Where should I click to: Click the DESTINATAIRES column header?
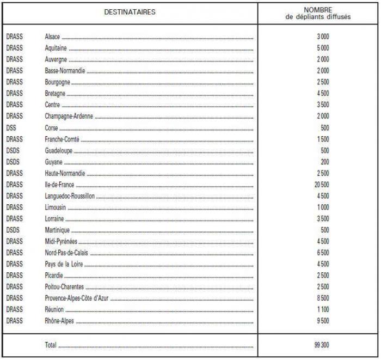[x=130, y=12]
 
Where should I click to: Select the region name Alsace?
[x=52, y=36]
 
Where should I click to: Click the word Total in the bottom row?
[x=50, y=344]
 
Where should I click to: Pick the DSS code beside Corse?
[x=11, y=127]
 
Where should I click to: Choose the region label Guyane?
[x=53, y=162]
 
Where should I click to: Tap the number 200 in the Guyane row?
[x=324, y=162]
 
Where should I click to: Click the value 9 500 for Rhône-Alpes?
[x=323, y=321]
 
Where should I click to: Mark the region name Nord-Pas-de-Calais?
[x=66, y=253]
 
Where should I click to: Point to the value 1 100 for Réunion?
[x=323, y=309]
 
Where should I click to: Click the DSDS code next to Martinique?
[x=13, y=230]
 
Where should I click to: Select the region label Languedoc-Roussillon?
[x=70, y=196]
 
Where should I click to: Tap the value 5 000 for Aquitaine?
[x=323, y=48]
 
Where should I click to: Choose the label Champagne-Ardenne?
[x=69, y=116]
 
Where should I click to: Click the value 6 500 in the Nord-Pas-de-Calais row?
[x=323, y=253]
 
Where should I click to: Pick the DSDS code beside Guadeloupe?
[x=13, y=150]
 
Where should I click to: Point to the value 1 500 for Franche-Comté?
[x=323, y=139]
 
